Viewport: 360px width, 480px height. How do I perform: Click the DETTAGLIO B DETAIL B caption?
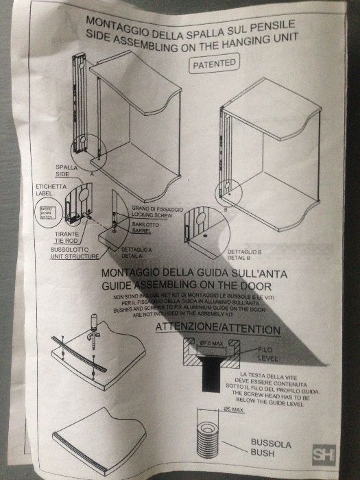tap(242, 256)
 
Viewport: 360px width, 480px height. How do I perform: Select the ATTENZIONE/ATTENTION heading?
tap(218, 330)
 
